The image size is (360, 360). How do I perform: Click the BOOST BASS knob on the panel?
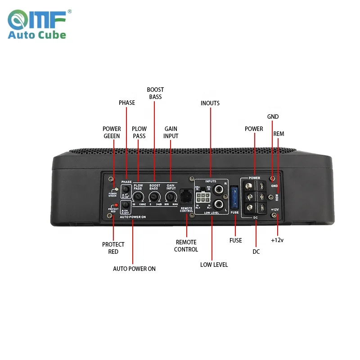154,197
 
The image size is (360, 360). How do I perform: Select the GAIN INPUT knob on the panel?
171,197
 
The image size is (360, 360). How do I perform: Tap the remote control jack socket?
186,197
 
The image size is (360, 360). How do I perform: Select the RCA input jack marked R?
220,189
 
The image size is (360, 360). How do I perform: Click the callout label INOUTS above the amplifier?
210,103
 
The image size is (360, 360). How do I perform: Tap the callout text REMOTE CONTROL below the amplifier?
186,246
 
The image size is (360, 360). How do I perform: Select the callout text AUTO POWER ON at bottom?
134,269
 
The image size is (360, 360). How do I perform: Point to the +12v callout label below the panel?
277,240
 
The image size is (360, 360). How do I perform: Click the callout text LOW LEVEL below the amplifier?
214,265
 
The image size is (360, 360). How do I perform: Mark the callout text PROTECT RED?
113,248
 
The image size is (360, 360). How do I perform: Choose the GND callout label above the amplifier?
273,117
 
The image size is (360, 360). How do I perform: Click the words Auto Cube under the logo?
37,35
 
